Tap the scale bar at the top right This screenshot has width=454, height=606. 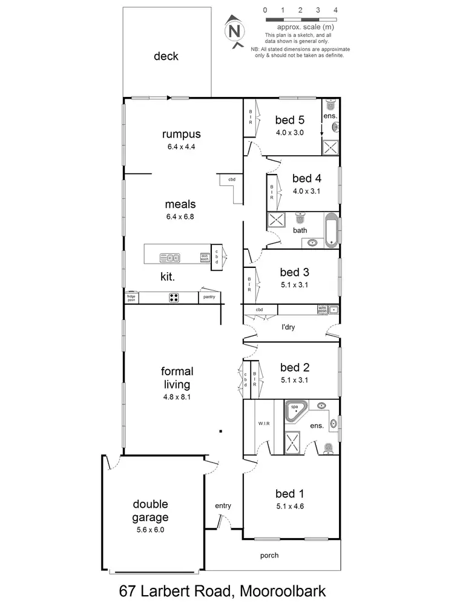pos(300,19)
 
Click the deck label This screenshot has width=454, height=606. pos(166,56)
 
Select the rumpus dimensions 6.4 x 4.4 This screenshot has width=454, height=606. pos(181,147)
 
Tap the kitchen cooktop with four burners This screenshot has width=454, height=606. pos(174,298)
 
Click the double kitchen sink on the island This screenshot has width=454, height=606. pos(169,258)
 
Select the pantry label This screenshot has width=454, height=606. pos(209,298)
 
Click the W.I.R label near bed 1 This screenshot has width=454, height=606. pos(263,424)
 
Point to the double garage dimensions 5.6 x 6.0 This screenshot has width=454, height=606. pos(151,529)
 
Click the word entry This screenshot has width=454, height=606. pos(223,506)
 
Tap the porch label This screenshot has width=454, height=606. pos(269,555)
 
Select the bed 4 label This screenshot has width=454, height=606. pos(306,178)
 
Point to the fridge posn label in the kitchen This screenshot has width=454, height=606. pos(131,298)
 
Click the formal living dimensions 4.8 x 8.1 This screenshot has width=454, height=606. pos(177,397)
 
